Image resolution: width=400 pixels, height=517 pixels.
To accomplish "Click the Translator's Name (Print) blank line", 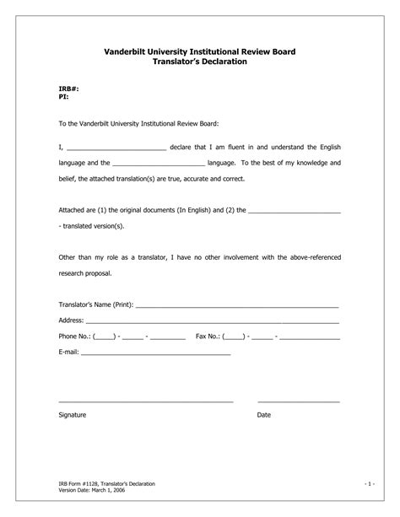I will coord(237,305).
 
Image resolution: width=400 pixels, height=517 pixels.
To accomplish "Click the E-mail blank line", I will coord(155,353).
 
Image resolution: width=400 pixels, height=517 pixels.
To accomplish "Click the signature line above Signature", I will coord(145,401).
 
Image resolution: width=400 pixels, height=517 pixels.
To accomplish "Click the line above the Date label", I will coord(298,401).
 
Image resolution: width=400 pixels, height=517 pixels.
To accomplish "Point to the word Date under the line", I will coord(264,415).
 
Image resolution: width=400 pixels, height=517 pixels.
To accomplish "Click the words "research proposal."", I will coord(84,273).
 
